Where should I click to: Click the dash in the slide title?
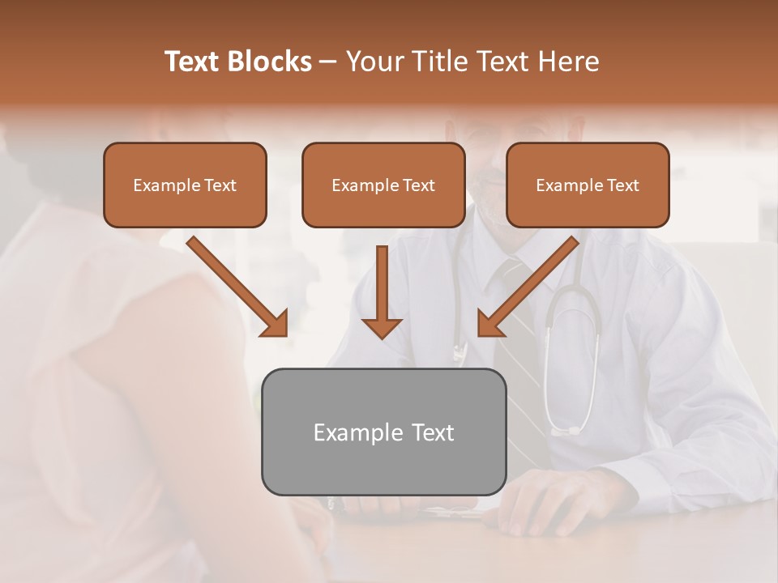(328, 62)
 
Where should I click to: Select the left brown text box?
(185, 185)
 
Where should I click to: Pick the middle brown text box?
(383, 185)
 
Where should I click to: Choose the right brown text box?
(588, 185)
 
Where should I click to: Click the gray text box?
(383, 432)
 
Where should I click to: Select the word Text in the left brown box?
(220, 185)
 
